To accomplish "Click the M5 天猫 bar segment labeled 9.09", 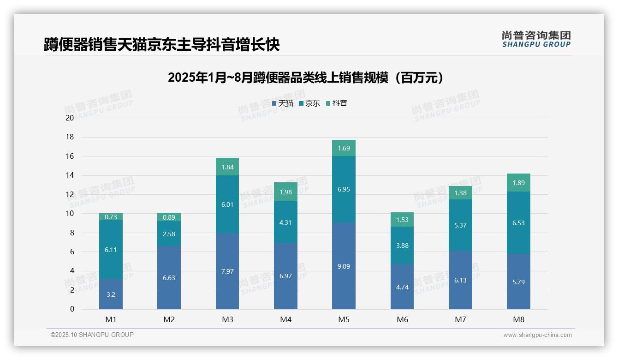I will coord(344,266).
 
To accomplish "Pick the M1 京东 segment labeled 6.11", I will coord(111,249).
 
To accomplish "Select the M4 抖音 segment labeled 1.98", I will coord(285,192).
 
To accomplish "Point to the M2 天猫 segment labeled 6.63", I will coord(169,277).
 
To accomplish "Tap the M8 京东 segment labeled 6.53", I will coord(518,222).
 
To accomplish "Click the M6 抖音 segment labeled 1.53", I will coord(402,220).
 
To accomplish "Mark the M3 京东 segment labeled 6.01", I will coord(227,204).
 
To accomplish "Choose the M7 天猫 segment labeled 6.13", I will coord(460,280).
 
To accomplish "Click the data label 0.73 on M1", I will coord(111,217).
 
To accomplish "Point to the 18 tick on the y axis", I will coord(70,137).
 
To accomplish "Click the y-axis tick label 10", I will coord(70,214).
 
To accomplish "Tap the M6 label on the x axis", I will coord(402,319).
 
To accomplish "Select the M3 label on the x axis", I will coord(227,319).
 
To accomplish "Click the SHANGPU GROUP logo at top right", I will coord(536,39).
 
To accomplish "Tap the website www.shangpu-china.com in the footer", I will coord(537,335).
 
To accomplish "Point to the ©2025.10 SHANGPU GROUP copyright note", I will coord(92,335).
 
